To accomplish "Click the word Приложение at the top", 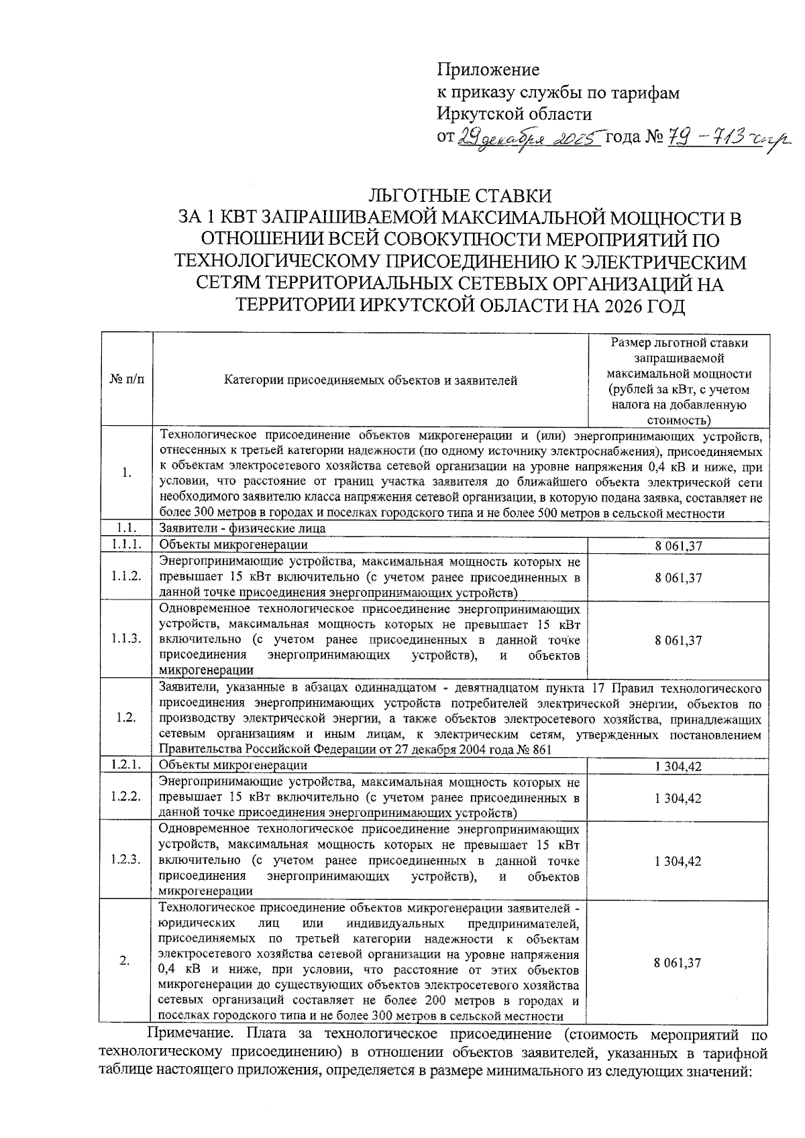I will click(488, 70).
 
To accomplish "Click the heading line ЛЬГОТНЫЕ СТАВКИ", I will click(460, 196).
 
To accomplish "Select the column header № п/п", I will click(126, 380).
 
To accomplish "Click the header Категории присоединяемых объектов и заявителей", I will click(370, 381).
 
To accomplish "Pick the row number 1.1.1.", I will click(127, 545).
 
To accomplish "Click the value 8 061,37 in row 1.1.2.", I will click(678, 577).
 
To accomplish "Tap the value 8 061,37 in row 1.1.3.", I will click(678, 640).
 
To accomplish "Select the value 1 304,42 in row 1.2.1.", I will click(678, 766).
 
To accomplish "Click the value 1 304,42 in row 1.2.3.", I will click(678, 861).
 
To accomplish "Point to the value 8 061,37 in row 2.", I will click(678, 962).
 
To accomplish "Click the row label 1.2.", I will click(126, 718).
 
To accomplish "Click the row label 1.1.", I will click(126, 528).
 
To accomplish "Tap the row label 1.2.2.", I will click(127, 797).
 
